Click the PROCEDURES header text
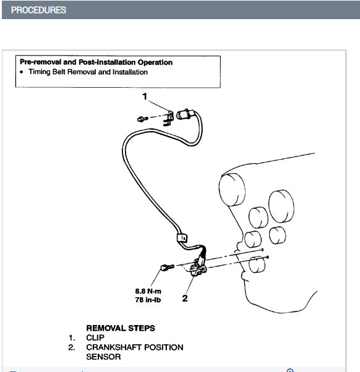(x=38, y=10)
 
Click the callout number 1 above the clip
(x=145, y=96)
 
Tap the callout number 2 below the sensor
(x=185, y=298)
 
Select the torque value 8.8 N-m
(x=148, y=291)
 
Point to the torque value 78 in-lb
(x=148, y=300)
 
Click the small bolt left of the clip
(x=143, y=119)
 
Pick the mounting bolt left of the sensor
(x=168, y=268)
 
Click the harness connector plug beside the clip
(x=186, y=114)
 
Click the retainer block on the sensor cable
(x=182, y=238)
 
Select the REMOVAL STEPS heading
(x=121, y=328)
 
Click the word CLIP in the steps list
(x=95, y=337)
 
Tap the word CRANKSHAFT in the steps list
(x=114, y=347)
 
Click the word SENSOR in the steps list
(x=103, y=357)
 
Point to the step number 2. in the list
(x=72, y=347)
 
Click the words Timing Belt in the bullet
(x=47, y=72)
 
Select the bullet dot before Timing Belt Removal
(x=22, y=72)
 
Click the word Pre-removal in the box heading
(x=41, y=62)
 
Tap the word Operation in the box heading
(x=155, y=62)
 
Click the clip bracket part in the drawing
(x=168, y=118)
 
